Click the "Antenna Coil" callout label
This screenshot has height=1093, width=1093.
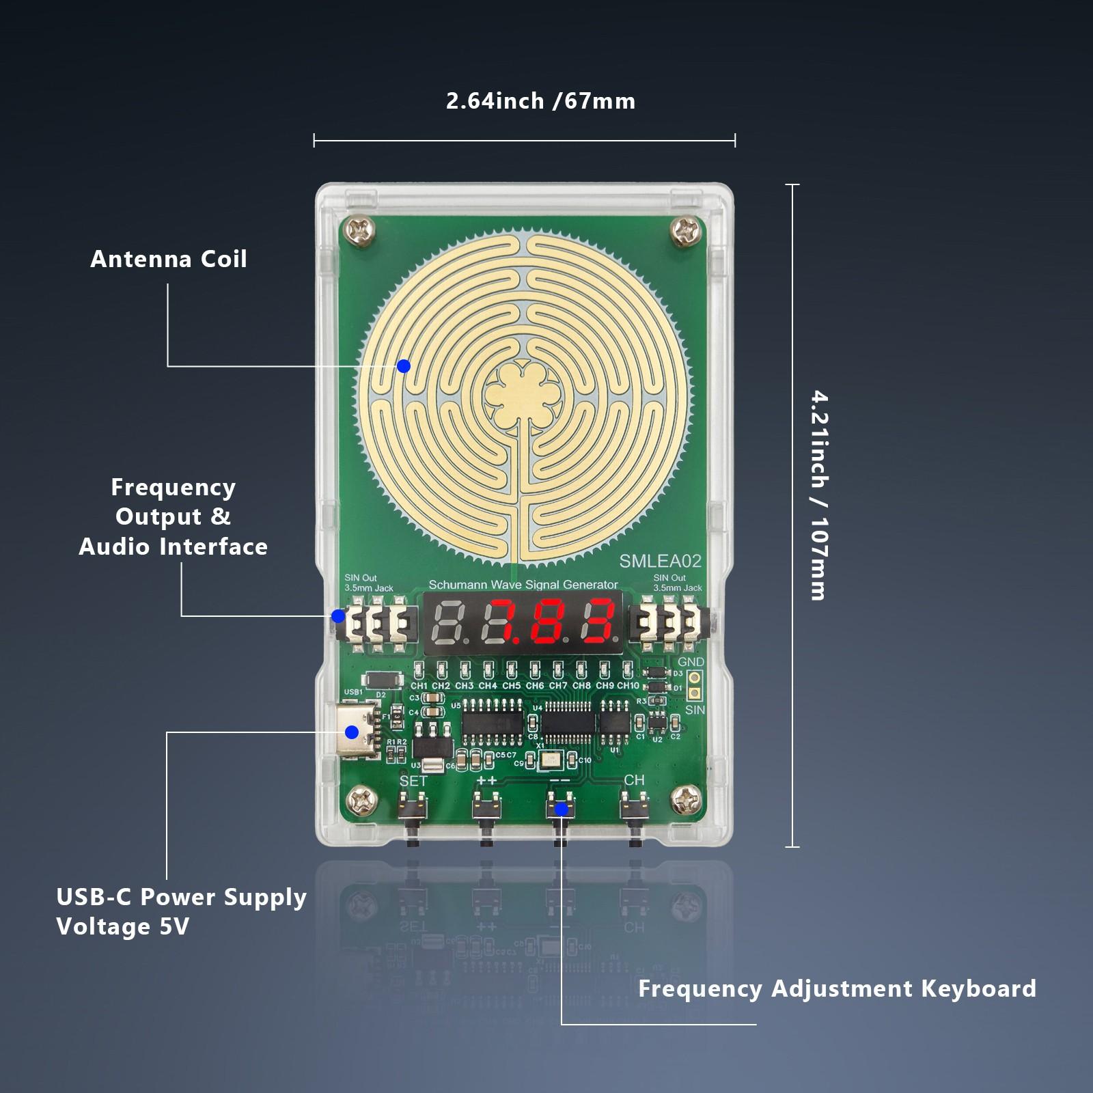tap(169, 260)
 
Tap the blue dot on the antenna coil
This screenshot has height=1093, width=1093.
tap(404, 366)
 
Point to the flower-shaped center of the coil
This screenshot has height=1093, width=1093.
tap(525, 393)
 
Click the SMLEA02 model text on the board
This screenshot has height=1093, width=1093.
tap(660, 562)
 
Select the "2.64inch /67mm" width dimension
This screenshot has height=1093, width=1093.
tap(540, 102)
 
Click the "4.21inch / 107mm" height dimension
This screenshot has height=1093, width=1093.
tap(818, 495)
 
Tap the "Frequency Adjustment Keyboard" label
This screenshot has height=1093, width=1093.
tap(837, 988)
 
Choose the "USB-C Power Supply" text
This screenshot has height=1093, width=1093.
tap(182, 897)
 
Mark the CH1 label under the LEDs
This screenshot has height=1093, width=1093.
tap(419, 685)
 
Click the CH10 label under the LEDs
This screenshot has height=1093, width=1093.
tap(628, 685)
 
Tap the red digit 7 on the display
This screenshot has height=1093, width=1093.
tap(512, 622)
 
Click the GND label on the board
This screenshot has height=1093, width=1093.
tap(691, 662)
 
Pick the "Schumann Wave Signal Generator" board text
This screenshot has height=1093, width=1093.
tap(523, 585)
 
